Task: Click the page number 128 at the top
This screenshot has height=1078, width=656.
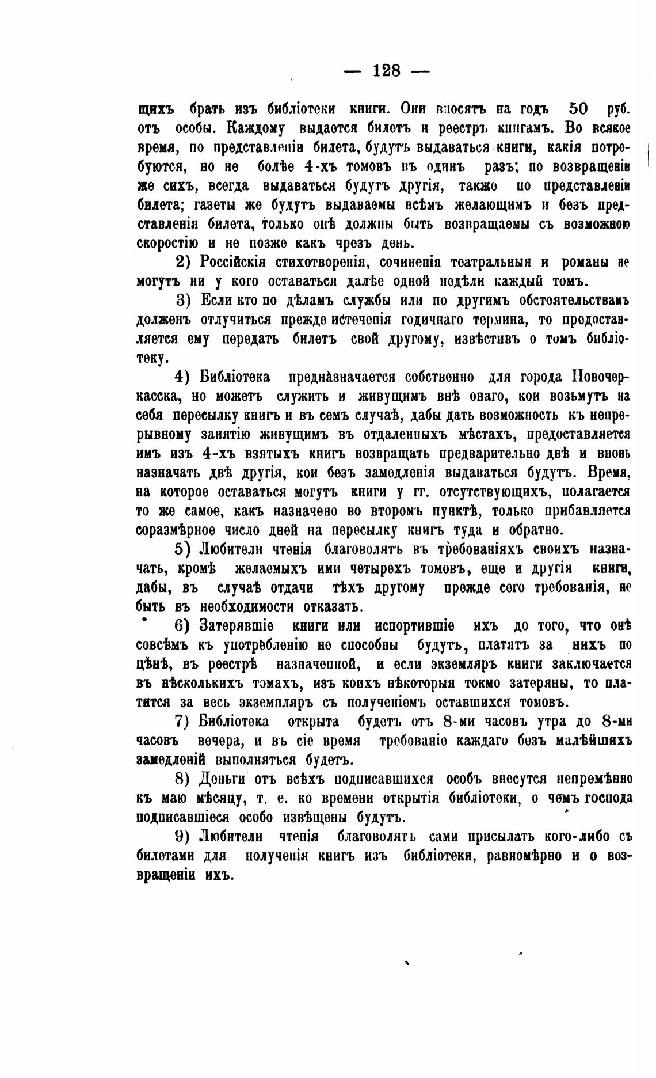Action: (x=387, y=71)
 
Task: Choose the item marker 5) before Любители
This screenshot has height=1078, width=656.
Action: (x=183, y=549)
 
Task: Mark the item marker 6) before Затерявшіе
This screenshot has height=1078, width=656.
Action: (x=183, y=626)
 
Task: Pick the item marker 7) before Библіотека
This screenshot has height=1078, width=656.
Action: (x=183, y=722)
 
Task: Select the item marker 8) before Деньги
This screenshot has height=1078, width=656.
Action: (x=183, y=779)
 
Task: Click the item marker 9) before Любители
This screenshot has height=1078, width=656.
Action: (x=183, y=836)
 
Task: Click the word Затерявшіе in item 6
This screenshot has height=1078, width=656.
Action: (x=237, y=626)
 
